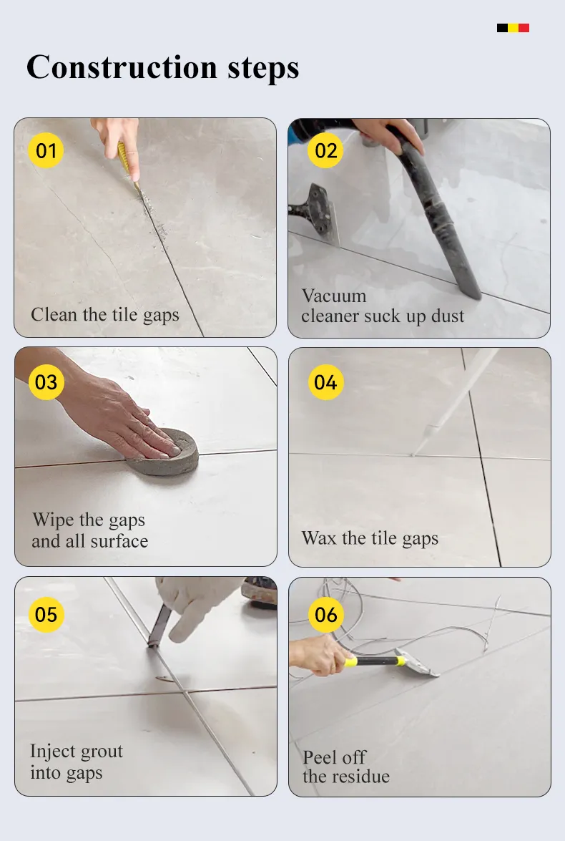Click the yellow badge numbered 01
point(46,150)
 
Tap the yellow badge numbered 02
point(325,150)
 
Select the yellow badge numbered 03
point(46,382)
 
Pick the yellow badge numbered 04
point(326,382)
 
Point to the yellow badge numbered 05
point(46,614)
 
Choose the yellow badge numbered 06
point(326,614)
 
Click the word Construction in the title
point(122,67)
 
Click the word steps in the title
point(262,69)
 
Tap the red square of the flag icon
point(524,28)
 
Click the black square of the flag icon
point(502,28)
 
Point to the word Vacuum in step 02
point(334,296)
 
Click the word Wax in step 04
point(319,538)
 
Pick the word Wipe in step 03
point(53,520)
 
